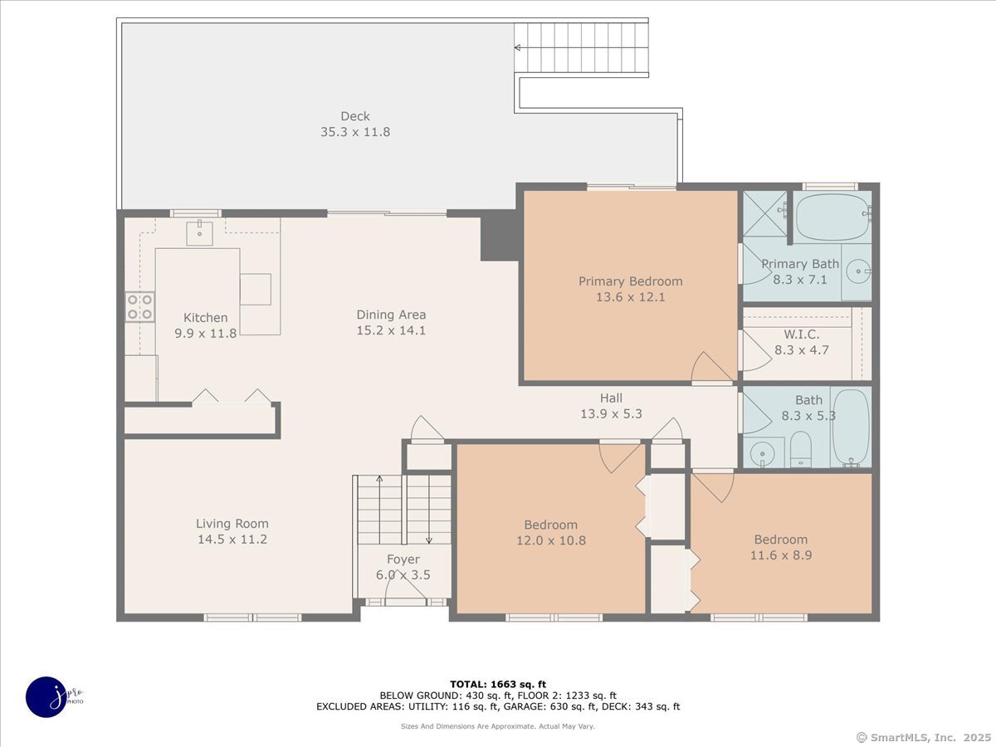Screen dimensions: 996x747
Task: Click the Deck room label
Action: point(355,116)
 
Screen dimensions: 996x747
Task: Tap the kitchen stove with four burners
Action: point(139,307)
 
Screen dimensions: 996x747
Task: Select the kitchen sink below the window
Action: point(200,233)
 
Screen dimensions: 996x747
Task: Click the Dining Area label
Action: point(391,315)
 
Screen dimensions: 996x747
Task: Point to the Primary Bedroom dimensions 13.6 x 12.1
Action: point(630,297)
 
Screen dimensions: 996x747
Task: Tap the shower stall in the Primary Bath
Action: point(764,213)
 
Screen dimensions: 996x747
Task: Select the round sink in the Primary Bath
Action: point(857,271)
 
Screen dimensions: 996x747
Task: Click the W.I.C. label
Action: point(801,334)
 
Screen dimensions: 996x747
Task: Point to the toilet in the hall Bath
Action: point(800,449)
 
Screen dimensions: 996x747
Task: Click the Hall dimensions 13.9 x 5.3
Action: point(611,413)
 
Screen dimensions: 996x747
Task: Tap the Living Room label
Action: point(232,524)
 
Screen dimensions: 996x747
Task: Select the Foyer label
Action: point(403,559)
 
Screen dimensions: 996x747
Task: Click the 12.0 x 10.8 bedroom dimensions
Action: point(551,540)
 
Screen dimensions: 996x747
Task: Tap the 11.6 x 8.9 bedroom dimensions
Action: point(781,555)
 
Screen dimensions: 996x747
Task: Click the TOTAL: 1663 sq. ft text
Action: point(498,684)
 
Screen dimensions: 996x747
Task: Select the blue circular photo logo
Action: point(46,697)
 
